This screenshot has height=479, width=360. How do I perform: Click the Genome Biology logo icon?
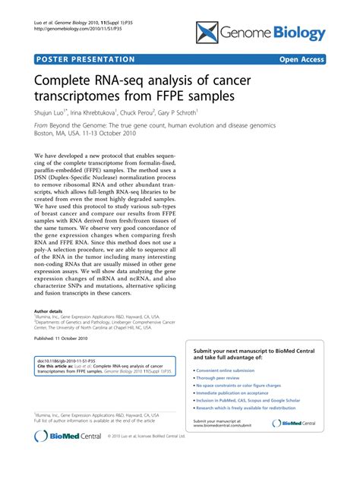[x=207, y=31]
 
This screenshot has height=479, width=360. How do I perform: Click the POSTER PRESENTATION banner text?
[x=84, y=58]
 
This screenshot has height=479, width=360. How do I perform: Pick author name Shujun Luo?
[x=54, y=112]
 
